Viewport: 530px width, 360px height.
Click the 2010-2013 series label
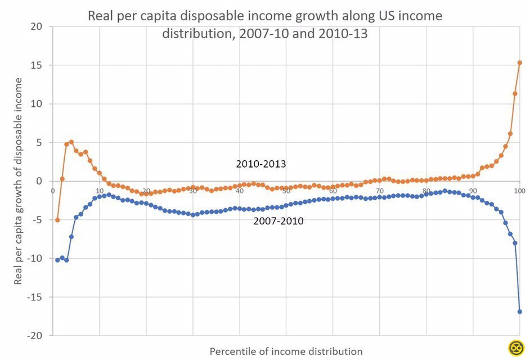(261, 164)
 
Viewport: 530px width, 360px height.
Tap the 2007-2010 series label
(279, 221)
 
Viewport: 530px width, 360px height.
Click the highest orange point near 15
(519, 62)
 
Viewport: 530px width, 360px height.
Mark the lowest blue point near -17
(519, 312)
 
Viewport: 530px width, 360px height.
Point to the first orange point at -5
(57, 220)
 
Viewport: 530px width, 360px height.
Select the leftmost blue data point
(57, 260)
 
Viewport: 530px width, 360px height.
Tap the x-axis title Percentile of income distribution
(286, 352)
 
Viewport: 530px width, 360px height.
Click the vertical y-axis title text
(19, 181)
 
